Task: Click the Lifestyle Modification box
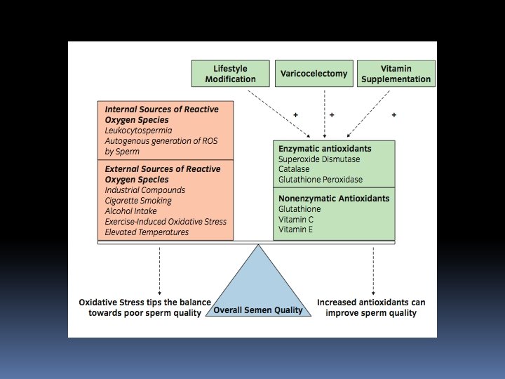pos(230,74)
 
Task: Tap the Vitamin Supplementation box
pos(396,74)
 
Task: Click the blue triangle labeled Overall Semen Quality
pos(258,295)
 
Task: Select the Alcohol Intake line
pos(130,211)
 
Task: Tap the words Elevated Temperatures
pos(146,232)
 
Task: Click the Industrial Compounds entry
pos(144,190)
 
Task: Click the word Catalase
pos(295,169)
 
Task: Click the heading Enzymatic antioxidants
pos(325,149)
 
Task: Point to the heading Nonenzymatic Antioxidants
pos(334,199)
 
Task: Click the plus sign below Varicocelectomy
pos(331,114)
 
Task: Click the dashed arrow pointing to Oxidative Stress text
pos(160,270)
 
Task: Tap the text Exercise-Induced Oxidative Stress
pos(166,222)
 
